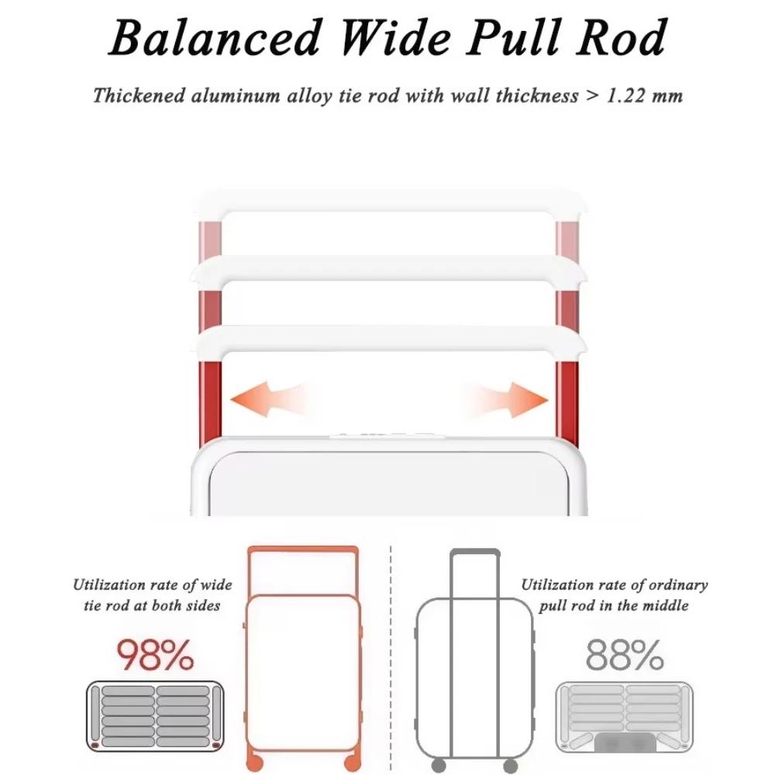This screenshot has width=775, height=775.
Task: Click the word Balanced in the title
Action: point(215,38)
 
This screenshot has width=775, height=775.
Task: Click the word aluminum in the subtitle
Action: point(236,95)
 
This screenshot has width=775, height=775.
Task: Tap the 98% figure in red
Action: point(155,655)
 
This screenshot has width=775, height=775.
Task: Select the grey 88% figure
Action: point(625,655)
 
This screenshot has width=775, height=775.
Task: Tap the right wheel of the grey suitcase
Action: point(511,766)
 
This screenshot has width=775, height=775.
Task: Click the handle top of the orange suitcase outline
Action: point(303,549)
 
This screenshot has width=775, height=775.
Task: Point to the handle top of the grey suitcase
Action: point(475,552)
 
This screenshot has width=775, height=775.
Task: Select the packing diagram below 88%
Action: point(625,717)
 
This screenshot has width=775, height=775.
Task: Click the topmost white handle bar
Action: point(390,201)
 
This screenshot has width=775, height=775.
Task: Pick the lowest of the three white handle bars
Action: point(390,339)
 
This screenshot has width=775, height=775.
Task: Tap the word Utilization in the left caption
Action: point(108,584)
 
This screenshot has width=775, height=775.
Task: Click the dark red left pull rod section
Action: point(210,401)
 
